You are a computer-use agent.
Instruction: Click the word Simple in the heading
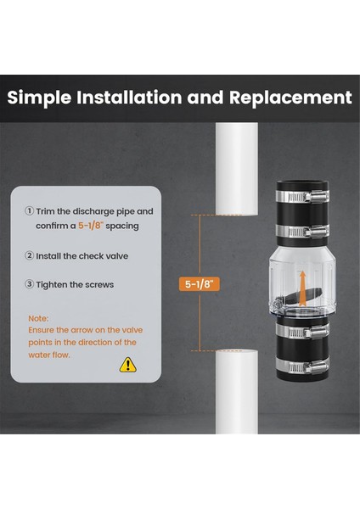(x=39, y=98)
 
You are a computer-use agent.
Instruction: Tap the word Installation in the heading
(x=129, y=97)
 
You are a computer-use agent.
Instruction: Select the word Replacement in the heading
(x=290, y=97)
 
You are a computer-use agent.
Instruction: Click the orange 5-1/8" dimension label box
(x=200, y=284)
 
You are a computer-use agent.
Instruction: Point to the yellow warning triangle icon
(x=128, y=365)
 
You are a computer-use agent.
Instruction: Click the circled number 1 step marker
(x=29, y=211)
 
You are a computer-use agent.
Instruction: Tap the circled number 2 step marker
(x=29, y=256)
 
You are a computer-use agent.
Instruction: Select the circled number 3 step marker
(x=29, y=284)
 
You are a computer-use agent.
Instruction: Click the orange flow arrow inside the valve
(x=302, y=288)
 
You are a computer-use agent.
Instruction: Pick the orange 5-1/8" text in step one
(x=91, y=226)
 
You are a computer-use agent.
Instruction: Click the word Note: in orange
(x=38, y=318)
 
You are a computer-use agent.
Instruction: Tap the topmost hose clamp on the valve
(x=302, y=196)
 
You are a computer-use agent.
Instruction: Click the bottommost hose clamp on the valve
(x=302, y=366)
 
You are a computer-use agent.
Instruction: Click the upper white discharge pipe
(x=237, y=169)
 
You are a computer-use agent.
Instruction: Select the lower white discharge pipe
(x=237, y=392)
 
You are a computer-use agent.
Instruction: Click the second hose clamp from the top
(x=302, y=231)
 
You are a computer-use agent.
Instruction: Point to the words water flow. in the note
(x=49, y=355)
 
